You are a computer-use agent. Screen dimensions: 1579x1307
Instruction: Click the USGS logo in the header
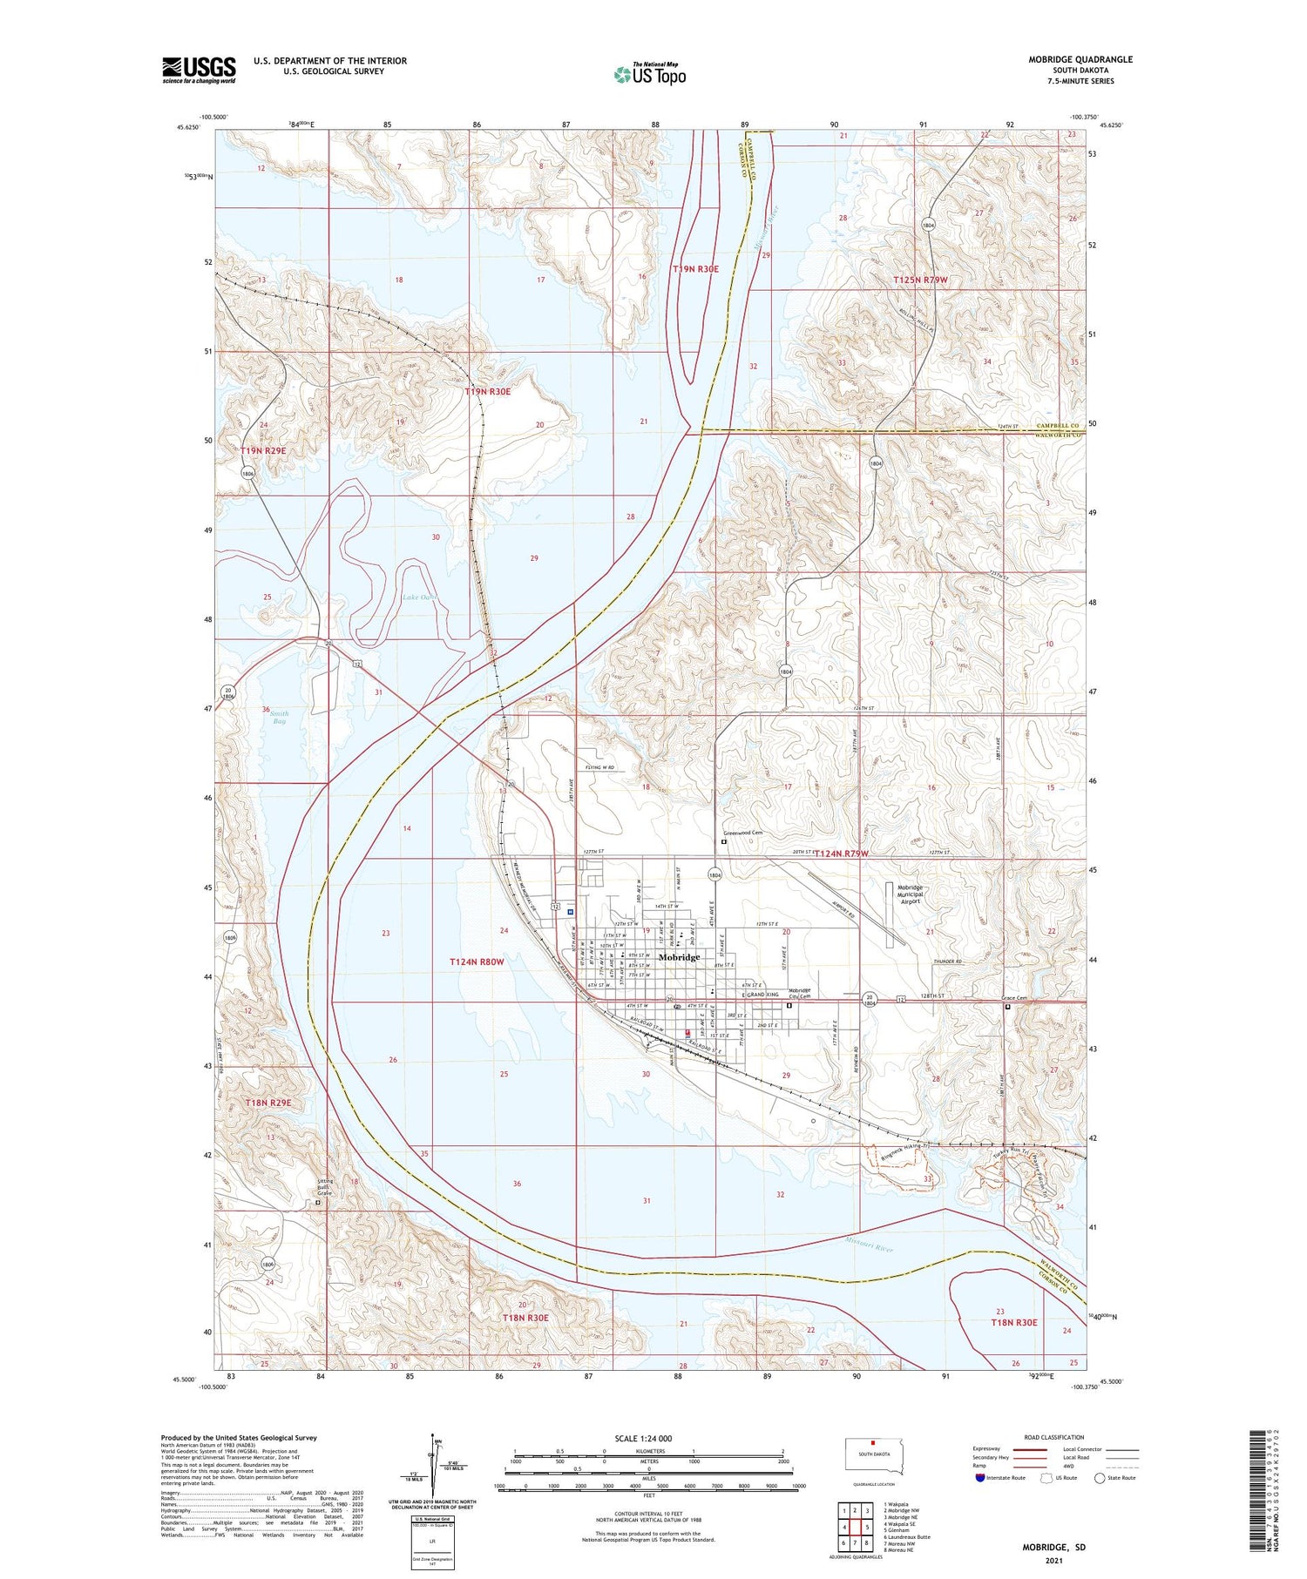pos(199,70)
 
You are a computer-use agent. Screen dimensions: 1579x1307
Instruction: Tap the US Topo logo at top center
pos(649,74)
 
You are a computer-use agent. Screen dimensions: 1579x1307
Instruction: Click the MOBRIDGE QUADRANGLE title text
pos(1080,59)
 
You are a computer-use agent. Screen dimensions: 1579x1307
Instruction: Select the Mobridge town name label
pos(679,957)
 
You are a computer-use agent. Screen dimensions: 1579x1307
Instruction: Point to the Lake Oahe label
pos(420,597)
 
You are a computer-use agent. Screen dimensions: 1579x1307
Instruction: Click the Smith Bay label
pos(279,718)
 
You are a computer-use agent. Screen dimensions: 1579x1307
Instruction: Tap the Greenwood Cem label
pos(742,833)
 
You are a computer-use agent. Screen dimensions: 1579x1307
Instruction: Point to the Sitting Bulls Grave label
pos(323,1187)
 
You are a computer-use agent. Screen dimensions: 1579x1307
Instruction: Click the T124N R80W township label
pos(477,962)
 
